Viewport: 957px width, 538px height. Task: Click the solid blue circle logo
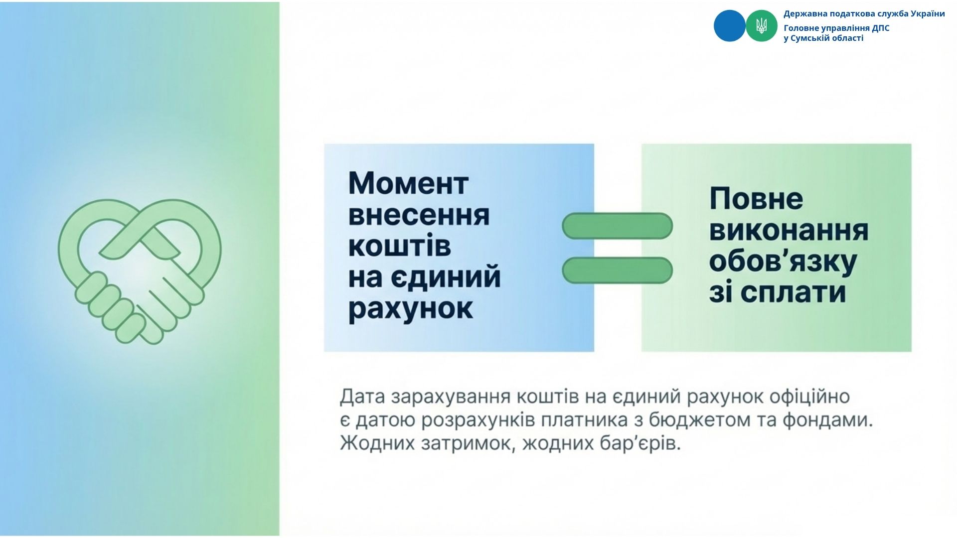click(729, 26)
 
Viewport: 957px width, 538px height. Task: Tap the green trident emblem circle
click(761, 26)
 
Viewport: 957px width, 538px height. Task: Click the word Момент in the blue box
click(408, 184)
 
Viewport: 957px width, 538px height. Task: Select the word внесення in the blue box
click(419, 215)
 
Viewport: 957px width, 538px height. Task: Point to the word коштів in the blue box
click(399, 246)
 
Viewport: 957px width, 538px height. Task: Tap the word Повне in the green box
click(756, 199)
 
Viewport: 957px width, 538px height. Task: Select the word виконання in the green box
click(789, 231)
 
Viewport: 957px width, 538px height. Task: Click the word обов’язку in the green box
click(783, 263)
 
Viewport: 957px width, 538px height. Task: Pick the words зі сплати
click(778, 293)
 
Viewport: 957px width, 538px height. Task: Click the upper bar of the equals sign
click(617, 226)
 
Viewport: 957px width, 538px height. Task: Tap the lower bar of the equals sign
click(617, 270)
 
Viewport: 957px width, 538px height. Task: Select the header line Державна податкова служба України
click(864, 14)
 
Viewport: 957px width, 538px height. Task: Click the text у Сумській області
click(823, 38)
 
